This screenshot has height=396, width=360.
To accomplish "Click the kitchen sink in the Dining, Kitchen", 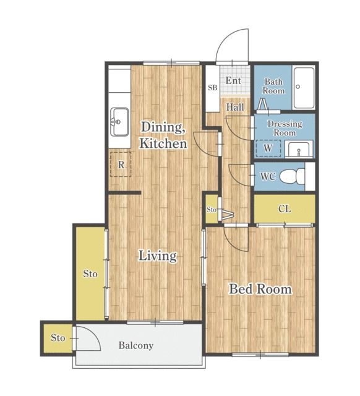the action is click(x=119, y=122).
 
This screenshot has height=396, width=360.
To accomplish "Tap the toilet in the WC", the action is click(x=293, y=176).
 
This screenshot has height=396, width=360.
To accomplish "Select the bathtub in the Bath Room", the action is click(x=304, y=88).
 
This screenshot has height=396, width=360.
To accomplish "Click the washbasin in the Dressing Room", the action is click(x=299, y=150).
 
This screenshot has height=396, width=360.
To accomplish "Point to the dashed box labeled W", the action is click(x=268, y=148).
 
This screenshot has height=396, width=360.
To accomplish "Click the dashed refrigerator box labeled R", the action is click(x=121, y=164).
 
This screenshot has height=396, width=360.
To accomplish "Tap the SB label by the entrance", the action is click(x=213, y=88).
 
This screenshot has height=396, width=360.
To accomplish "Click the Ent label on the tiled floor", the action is click(x=233, y=80).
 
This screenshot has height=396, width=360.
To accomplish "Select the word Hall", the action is click(x=235, y=107).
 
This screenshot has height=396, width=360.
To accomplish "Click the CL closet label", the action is click(x=285, y=209).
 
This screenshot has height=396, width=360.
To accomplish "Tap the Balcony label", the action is click(x=136, y=345).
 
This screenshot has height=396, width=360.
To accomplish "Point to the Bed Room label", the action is click(x=260, y=289).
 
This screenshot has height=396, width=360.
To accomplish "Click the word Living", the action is click(x=158, y=256).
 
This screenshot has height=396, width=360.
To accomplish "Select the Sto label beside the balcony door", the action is click(x=58, y=338).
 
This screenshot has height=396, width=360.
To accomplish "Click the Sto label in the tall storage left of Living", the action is click(x=90, y=273).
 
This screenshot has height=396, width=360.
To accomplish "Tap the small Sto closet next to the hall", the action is click(x=212, y=209).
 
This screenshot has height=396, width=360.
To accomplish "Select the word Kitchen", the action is click(x=163, y=144).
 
